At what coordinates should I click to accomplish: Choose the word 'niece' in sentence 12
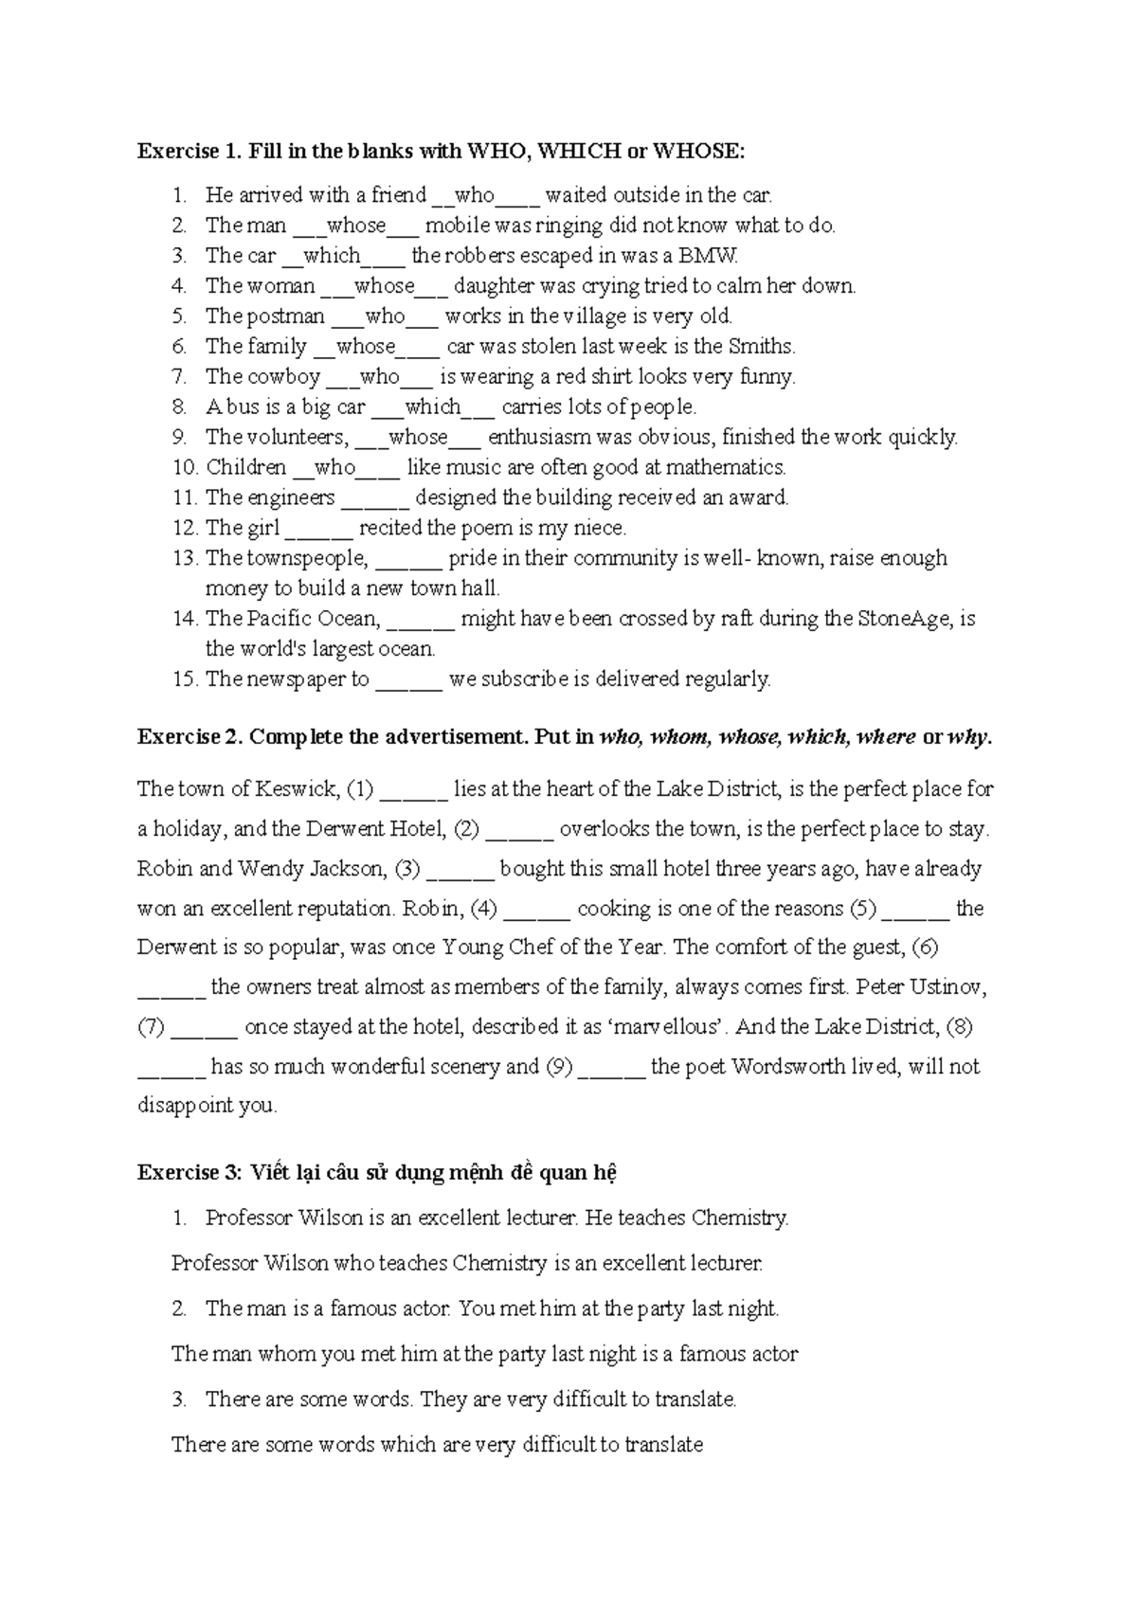(x=601, y=529)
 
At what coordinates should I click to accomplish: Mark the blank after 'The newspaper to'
(x=408, y=680)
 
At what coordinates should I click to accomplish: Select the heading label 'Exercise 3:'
(x=190, y=1173)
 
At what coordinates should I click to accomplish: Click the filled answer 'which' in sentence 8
(x=432, y=407)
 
